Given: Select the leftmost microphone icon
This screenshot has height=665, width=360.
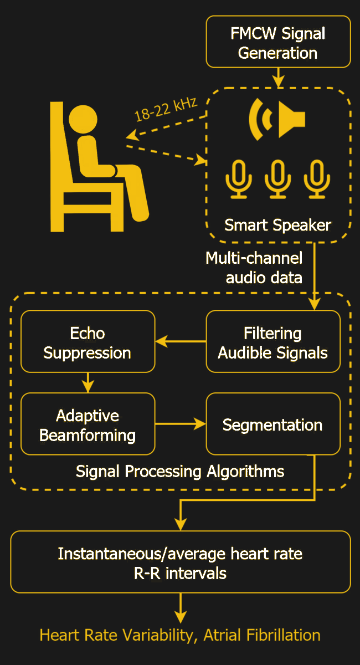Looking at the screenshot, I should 239,178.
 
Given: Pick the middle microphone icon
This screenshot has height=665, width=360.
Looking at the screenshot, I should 278,178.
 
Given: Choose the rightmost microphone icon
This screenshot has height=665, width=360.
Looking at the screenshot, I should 317,178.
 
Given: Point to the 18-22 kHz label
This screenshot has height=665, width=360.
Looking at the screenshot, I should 166,109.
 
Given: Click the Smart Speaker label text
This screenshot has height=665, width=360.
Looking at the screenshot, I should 277,225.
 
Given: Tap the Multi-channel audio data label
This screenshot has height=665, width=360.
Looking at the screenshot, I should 255,267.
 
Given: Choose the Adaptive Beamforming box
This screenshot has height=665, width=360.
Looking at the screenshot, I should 88,424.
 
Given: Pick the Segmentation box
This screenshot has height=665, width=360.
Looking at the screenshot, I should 272,424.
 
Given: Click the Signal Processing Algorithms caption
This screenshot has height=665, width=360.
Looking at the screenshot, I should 180,471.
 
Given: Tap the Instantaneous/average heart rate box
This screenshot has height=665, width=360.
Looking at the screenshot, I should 180,562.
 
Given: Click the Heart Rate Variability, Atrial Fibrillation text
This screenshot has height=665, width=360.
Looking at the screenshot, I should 180,635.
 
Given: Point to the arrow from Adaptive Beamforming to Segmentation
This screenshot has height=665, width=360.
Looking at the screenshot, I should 181,424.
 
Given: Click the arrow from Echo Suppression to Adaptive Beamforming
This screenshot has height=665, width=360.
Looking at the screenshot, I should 88,382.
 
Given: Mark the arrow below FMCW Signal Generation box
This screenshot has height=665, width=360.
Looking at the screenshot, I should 278,76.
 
